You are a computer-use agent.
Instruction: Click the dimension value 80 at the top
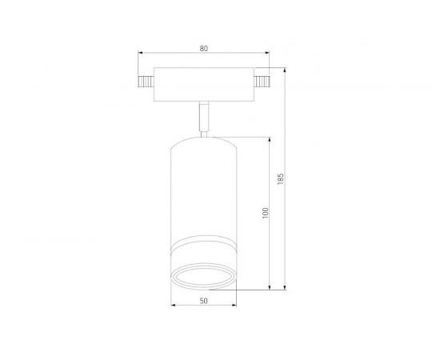pos(204,49)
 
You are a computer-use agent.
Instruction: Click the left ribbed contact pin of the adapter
pos(144,82)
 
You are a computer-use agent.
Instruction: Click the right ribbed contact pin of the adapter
pos(263,82)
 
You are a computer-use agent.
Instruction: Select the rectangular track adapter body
pos(204,84)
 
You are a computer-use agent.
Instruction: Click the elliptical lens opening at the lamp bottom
pos(204,274)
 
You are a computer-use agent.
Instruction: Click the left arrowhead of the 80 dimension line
pos(140,55)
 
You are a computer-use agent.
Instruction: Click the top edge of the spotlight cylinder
pos(204,137)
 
